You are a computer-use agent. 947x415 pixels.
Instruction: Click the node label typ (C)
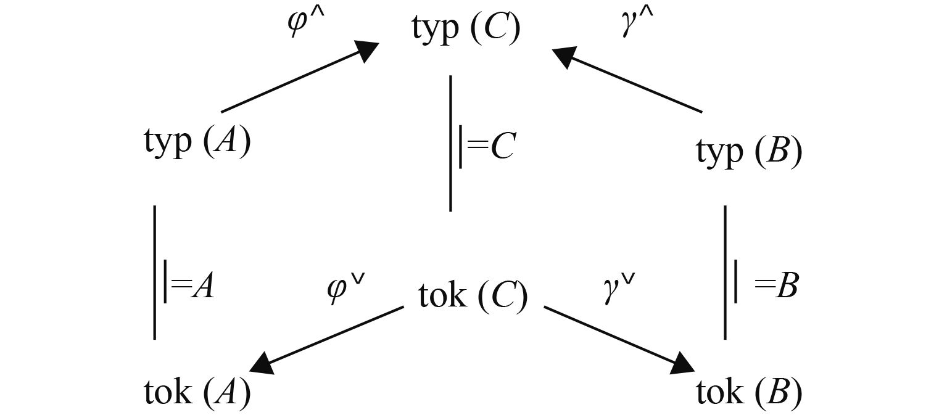[x=466, y=30]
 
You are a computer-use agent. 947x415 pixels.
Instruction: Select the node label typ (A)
[x=197, y=144]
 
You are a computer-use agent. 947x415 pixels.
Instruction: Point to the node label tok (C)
[x=473, y=296]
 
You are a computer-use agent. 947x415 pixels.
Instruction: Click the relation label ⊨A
[x=188, y=287]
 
